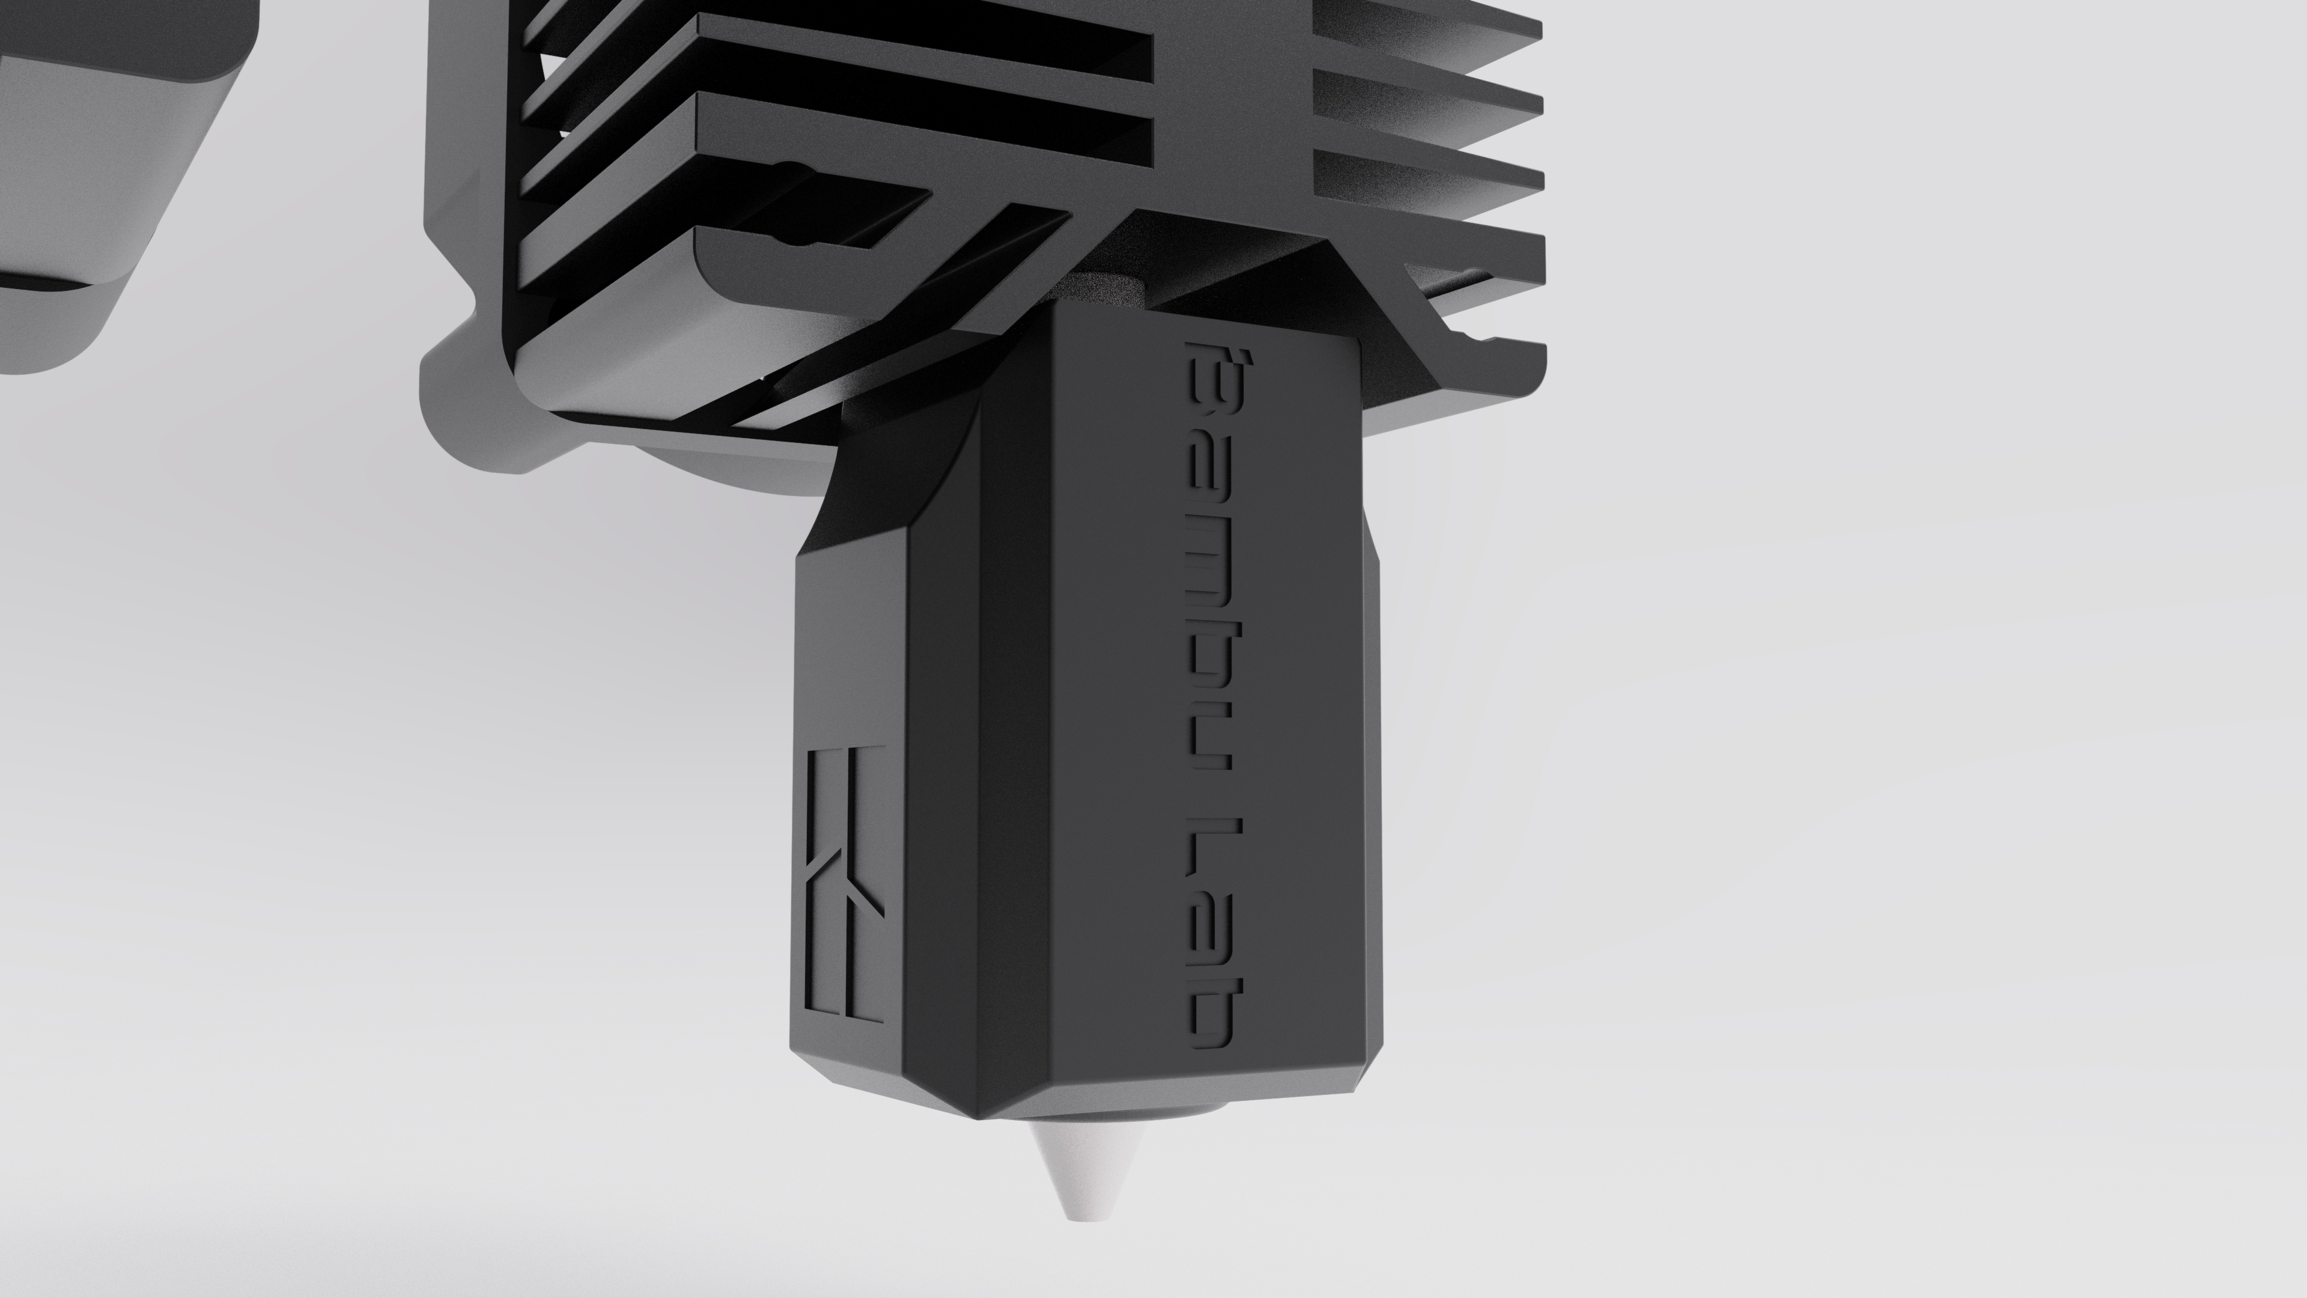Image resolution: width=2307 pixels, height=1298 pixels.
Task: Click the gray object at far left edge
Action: tap(90, 179)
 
